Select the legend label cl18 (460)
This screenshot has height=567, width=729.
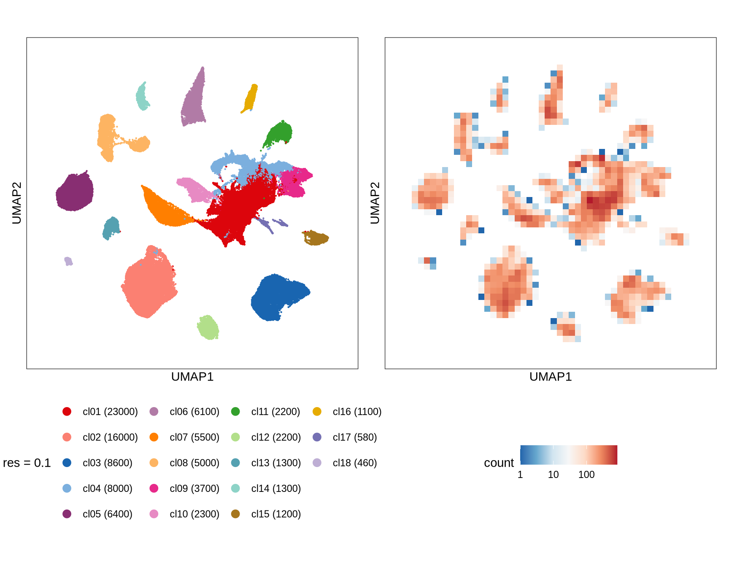click(x=354, y=463)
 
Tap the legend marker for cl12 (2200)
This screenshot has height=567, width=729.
click(x=235, y=437)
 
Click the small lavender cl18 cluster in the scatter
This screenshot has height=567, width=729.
click(x=68, y=261)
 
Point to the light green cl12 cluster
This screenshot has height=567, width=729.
click(x=208, y=327)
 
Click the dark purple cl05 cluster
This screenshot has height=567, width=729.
click(x=75, y=192)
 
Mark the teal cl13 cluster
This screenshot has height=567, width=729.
click(x=112, y=228)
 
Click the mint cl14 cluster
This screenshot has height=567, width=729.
click(x=142, y=97)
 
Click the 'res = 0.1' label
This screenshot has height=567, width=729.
click(x=27, y=463)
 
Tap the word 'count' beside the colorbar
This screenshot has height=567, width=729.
click(x=499, y=463)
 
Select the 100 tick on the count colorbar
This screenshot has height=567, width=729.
click(x=586, y=475)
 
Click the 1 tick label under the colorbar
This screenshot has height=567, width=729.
click(x=520, y=475)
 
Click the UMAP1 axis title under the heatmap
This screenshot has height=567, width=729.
click(x=550, y=377)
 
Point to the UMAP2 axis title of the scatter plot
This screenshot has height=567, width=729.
click(x=16, y=203)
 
